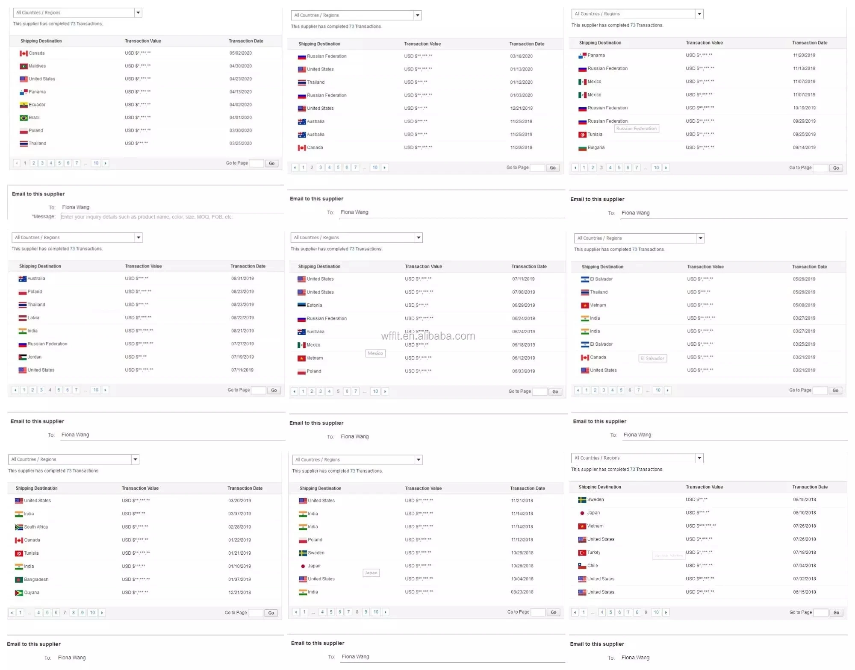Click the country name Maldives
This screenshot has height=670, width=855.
[37, 66]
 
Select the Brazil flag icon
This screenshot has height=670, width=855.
[24, 118]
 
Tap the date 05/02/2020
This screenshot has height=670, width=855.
[240, 53]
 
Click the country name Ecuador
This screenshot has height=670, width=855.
[37, 105]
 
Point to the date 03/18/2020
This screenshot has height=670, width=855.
[521, 56]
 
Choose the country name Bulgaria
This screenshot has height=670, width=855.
[596, 148]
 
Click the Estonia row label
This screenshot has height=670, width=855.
[314, 306]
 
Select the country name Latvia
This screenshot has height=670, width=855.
[33, 318]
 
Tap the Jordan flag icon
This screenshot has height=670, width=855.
[22, 357]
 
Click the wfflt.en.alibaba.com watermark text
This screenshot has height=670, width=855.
[428, 336]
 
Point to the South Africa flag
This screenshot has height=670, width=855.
[19, 527]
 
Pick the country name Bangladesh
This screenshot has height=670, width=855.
[36, 580]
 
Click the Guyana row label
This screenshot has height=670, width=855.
[32, 593]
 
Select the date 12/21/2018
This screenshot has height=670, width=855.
[239, 593]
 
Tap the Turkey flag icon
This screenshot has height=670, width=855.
[582, 553]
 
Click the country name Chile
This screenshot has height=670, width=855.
[593, 566]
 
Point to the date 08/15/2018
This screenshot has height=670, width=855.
[804, 500]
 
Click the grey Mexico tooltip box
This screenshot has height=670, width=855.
[375, 353]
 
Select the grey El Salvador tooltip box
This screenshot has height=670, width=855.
[653, 359]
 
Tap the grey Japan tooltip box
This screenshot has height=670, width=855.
[371, 573]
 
